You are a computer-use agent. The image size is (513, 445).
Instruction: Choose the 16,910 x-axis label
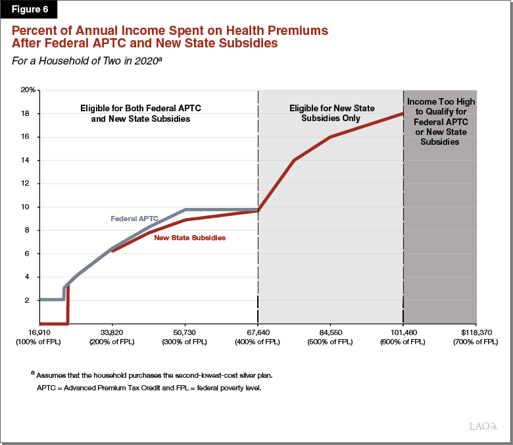click(39, 332)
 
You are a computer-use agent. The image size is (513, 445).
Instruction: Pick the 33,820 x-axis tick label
click(112, 332)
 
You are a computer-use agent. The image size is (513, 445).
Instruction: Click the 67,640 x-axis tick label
click(258, 332)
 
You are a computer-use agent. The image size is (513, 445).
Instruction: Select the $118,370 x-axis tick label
click(475, 332)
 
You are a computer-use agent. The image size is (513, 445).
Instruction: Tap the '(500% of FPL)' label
click(330, 342)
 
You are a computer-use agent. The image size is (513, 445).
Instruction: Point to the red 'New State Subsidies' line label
click(189, 238)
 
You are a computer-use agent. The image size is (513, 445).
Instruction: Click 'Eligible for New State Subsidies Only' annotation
click(330, 113)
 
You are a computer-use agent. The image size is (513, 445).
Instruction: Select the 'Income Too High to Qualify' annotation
click(441, 122)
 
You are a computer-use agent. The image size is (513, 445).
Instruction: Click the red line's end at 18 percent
click(403, 113)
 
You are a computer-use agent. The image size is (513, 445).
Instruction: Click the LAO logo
click(483, 426)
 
